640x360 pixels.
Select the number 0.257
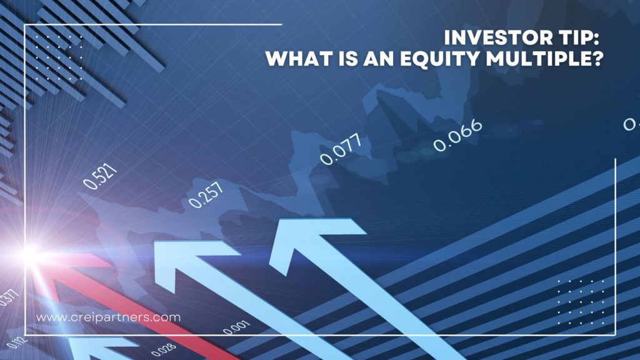pyautogui.click(x=206, y=194)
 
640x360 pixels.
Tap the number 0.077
pyautogui.click(x=341, y=151)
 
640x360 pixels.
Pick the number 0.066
pyautogui.click(x=458, y=134)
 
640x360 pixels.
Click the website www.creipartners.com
pyautogui.click(x=108, y=317)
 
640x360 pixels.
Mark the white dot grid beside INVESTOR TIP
pyautogui.click(x=59, y=53)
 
